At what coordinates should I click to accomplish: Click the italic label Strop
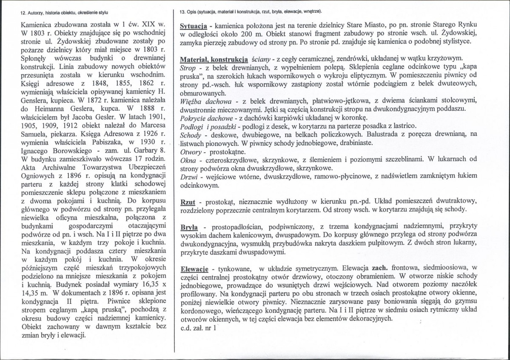coord(188,68)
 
